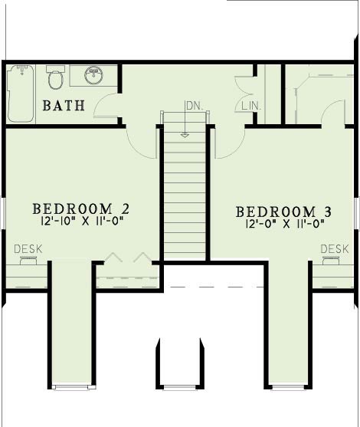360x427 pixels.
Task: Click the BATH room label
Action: [x=64, y=106]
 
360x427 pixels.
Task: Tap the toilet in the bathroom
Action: [x=55, y=77]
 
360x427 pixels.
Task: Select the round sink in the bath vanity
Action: [x=93, y=74]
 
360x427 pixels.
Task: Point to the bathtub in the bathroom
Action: [x=21, y=94]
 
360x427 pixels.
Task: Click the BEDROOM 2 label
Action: [x=81, y=209]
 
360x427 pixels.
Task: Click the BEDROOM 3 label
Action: [x=284, y=212]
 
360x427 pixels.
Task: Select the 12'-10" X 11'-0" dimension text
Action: [x=81, y=221]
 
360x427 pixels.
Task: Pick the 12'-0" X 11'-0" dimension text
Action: [x=285, y=224]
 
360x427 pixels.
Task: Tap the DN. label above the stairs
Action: [x=195, y=106]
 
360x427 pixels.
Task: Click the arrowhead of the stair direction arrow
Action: [x=185, y=135]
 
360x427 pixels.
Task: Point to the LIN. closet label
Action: [x=252, y=106]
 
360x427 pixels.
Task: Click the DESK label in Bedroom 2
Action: [x=28, y=249]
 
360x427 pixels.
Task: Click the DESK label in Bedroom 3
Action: [x=335, y=249]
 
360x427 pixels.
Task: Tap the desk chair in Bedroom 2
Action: [x=28, y=260]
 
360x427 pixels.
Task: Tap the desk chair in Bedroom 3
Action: [x=331, y=260]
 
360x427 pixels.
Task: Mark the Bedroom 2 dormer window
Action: [x=73, y=387]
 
